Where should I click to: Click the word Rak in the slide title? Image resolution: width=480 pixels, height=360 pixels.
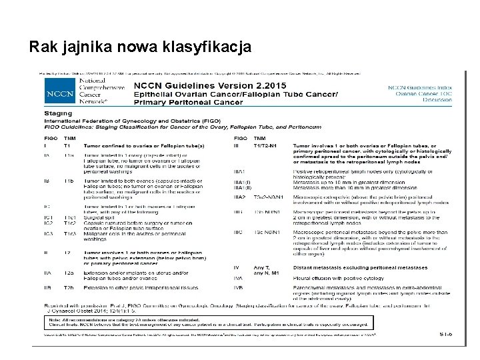click(x=43, y=47)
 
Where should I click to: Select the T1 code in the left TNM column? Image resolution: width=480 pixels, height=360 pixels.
click(x=67, y=145)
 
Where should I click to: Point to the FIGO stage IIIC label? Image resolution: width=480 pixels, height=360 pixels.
click(x=240, y=231)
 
